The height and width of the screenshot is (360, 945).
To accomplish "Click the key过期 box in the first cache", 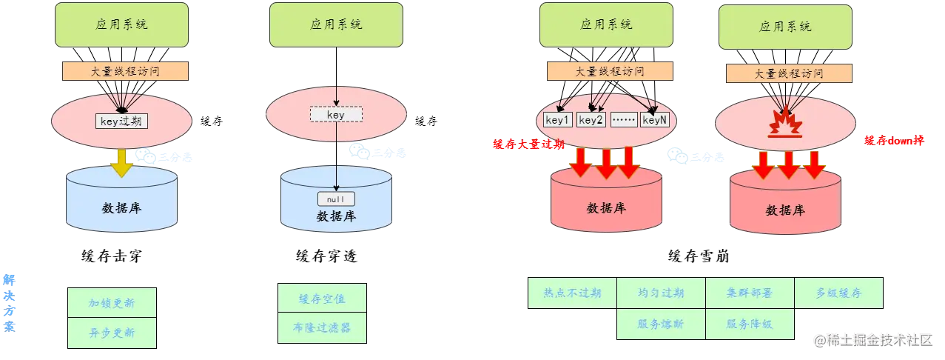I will coord(121,121).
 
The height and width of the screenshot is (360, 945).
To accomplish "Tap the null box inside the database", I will coord(336,199).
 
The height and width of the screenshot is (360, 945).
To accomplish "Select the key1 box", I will coord(558,120).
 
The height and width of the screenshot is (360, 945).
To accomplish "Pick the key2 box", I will coord(591,120).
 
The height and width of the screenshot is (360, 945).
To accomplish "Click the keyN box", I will coord(655,120).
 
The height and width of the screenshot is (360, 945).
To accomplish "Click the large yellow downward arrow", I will coord(121,161).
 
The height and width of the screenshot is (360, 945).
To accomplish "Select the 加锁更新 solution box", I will coord(112,303).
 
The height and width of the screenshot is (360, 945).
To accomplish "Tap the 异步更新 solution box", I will coord(112,333).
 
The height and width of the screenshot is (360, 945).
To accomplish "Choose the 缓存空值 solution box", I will coord(322,299).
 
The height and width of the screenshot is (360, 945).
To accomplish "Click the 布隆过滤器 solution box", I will coord(322,327).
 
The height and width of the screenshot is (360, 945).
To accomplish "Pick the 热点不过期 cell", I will coord(572,293).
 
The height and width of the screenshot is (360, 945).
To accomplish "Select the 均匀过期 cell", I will coord(661,293).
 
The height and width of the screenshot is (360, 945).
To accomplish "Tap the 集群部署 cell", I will coord(750,293).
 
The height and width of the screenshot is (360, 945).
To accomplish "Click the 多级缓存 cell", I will coord(838,293).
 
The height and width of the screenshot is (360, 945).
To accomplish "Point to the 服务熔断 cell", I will coord(661,323).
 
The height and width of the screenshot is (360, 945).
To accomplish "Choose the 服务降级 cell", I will coord(750,323).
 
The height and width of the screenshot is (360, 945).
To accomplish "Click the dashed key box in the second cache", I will coord(336,115).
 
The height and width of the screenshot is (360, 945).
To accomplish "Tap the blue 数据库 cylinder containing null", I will coord(336,215).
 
